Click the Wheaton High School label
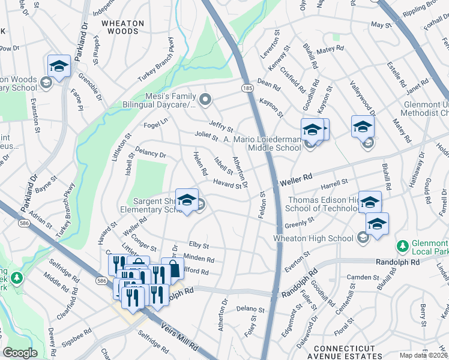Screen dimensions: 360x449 [x=313, y=238]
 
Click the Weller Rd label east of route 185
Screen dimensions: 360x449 [x=297, y=177]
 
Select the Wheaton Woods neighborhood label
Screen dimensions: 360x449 [x=122, y=28]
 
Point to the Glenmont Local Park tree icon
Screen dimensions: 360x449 [x=402, y=246]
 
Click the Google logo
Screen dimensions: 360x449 [x=20, y=353]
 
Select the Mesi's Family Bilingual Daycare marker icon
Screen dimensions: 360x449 [x=206, y=100]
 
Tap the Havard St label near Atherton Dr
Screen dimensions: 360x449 [x=226, y=183]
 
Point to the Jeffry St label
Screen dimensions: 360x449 [x=220, y=125]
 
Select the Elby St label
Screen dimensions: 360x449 [x=199, y=245]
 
